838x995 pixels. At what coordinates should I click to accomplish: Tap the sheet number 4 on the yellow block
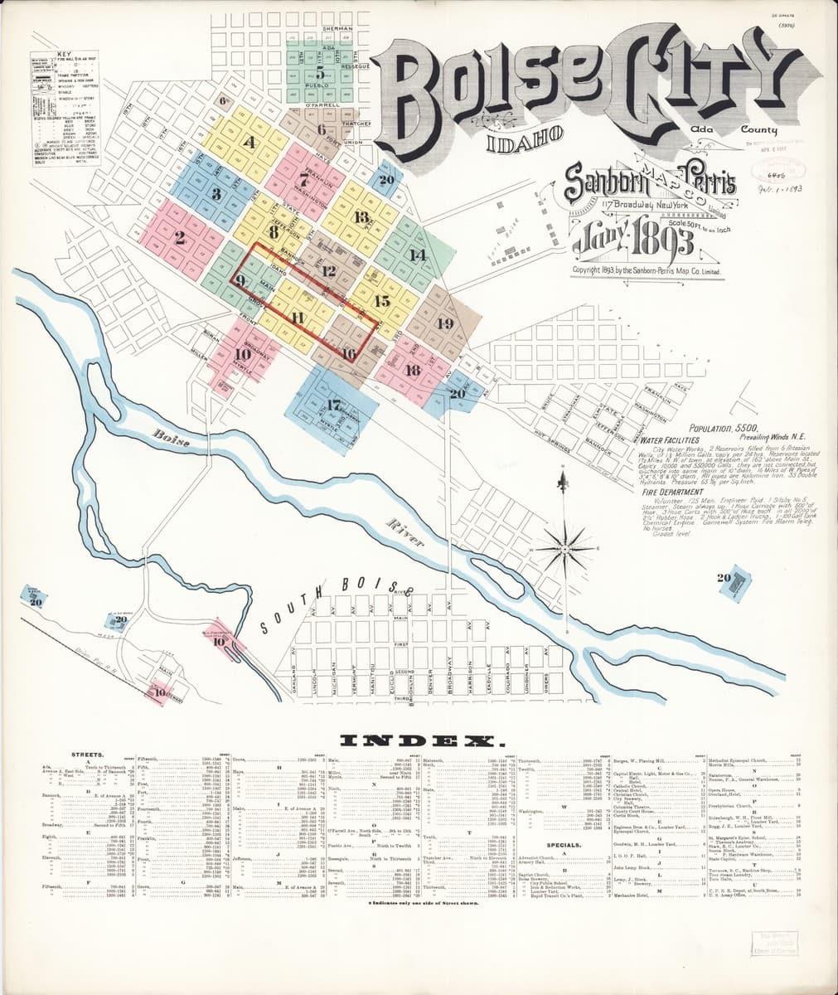tap(249, 142)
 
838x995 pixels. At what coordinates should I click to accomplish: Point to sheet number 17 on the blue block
tap(334, 405)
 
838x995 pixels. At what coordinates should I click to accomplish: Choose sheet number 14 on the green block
tap(417, 255)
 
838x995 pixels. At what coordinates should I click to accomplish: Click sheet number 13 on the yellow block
tap(361, 217)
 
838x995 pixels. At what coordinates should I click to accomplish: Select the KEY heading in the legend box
tap(64, 54)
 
